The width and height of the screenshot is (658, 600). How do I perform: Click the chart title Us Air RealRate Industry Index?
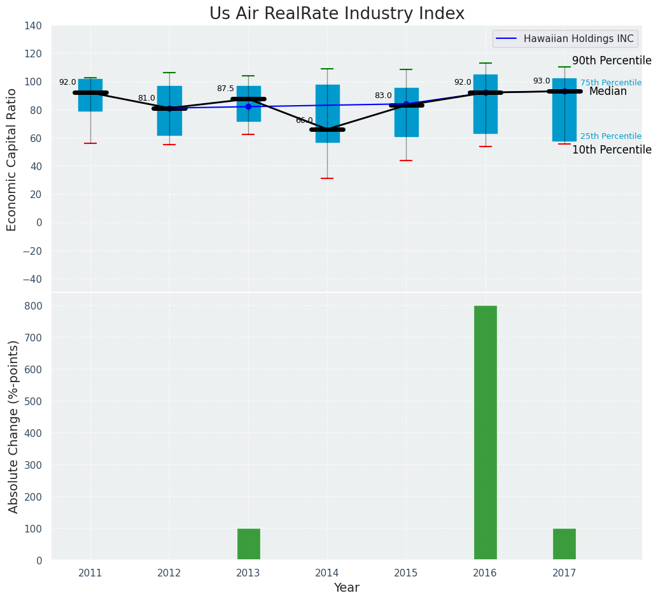pyautogui.click(x=337, y=14)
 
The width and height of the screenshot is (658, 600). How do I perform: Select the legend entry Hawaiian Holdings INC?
pyautogui.click(x=578, y=39)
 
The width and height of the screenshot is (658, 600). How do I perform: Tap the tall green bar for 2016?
pyautogui.click(x=486, y=432)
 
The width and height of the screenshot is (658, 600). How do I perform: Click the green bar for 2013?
pyautogui.click(x=248, y=544)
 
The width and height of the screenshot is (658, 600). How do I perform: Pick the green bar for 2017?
pyautogui.click(x=564, y=544)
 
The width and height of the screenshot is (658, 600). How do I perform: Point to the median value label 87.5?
pyautogui.click(x=225, y=89)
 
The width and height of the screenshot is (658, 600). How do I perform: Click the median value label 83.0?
pyautogui.click(x=383, y=96)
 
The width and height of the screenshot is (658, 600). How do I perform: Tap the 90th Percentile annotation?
pyautogui.click(x=611, y=61)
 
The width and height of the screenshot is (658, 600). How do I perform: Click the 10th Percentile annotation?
pyautogui.click(x=611, y=150)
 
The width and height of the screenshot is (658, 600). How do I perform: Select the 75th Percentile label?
pyautogui.click(x=610, y=83)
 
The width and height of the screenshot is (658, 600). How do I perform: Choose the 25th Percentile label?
pyautogui.click(x=610, y=136)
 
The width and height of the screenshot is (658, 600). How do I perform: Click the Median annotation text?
pyautogui.click(x=608, y=92)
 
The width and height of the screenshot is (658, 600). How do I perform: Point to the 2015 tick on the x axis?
pyautogui.click(x=406, y=573)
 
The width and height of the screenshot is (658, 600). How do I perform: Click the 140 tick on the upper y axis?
pyautogui.click(x=33, y=26)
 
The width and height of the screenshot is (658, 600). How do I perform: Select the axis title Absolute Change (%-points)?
pyautogui.click(x=13, y=426)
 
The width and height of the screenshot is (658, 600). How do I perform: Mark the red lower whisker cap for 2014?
pyautogui.click(x=327, y=178)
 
